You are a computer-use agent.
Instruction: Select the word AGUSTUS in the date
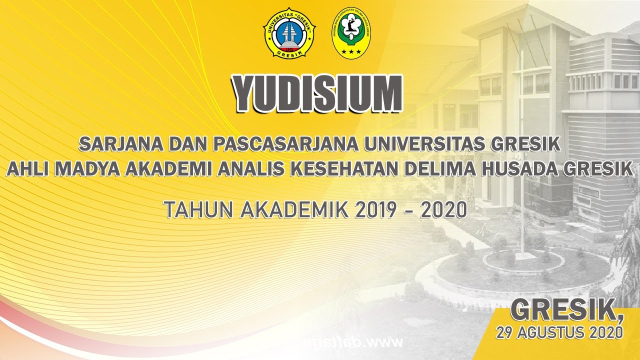pyautogui.click(x=550, y=332)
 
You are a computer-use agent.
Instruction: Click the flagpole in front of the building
pyautogui.click(x=521, y=150)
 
